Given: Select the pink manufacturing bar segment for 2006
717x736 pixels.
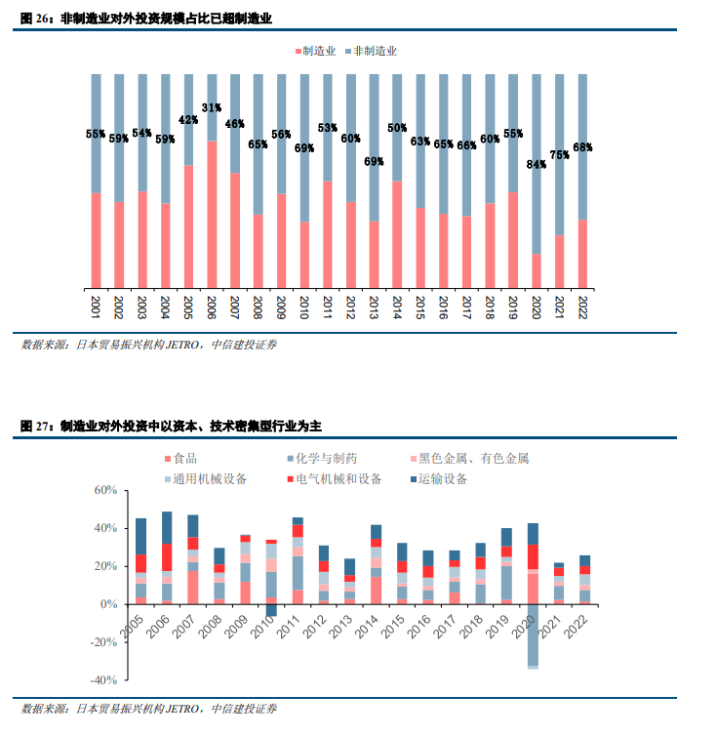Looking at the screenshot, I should (212, 215).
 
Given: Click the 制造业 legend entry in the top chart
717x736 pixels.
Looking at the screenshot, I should (317, 50).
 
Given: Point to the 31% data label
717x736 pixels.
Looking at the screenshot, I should (212, 108).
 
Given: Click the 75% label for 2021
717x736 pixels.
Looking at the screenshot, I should (560, 154).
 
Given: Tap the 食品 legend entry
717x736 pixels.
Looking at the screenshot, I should (180, 458).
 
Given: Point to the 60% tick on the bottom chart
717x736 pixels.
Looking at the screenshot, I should (105, 490).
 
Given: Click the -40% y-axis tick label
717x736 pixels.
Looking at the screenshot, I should (102, 680).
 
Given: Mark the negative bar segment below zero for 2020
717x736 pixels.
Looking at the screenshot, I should (533, 635).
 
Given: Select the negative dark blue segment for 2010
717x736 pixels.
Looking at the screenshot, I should (270, 611).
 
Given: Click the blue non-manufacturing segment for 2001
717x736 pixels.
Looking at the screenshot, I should (95, 133).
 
